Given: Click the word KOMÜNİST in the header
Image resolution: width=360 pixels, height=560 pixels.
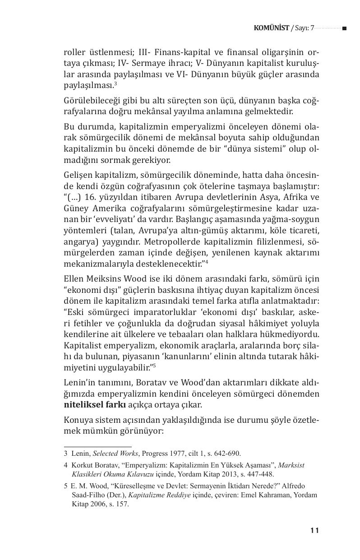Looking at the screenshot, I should pyautogui.click(x=272, y=28).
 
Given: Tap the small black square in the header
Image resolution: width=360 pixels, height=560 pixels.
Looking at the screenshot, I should pyautogui.click(x=344, y=28).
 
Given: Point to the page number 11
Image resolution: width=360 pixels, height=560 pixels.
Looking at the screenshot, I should pyautogui.click(x=315, y=530).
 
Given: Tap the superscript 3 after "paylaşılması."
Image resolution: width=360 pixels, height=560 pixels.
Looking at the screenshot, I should pyautogui.click(x=115, y=83).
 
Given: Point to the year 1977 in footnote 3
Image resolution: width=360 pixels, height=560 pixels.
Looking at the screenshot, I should pyautogui.click(x=178, y=454).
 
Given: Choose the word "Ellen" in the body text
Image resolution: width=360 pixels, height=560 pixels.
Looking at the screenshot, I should pyautogui.click(x=74, y=277).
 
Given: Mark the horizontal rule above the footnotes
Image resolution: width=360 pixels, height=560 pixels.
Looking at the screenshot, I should pyautogui.click(x=97, y=446).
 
